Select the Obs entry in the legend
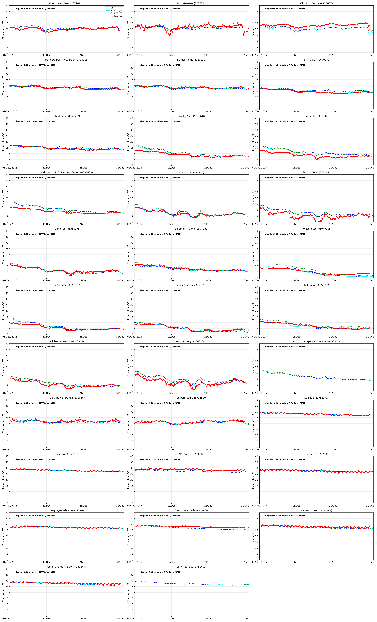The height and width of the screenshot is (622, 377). click(113, 8)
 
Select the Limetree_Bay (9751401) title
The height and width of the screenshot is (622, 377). click(191, 567)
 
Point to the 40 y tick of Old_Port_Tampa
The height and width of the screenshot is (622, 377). click(257, 6)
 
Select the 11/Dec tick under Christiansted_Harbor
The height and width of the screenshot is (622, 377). click(46, 618)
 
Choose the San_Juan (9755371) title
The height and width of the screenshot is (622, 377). click(316, 398)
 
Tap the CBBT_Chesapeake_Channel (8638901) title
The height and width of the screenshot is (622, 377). click(316, 342)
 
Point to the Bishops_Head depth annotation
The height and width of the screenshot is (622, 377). click(285, 178)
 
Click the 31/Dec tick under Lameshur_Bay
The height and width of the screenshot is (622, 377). click(370, 562)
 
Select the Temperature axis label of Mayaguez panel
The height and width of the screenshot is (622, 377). click(128, 480)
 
